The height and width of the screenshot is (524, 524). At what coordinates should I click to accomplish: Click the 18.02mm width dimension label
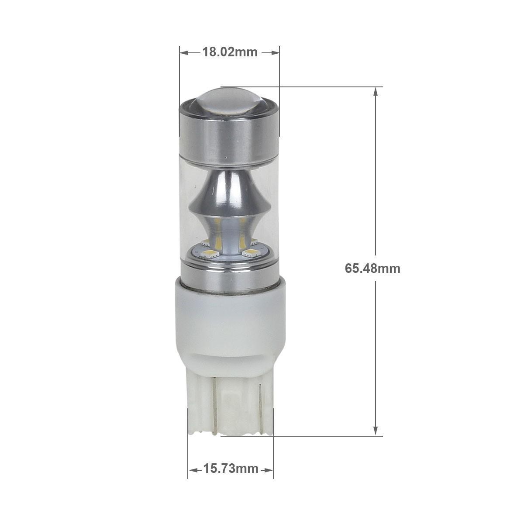[230, 52]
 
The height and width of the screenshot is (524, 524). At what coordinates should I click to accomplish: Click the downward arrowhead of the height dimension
[376, 430]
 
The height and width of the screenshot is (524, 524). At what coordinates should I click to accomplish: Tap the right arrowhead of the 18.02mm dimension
[275, 53]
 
